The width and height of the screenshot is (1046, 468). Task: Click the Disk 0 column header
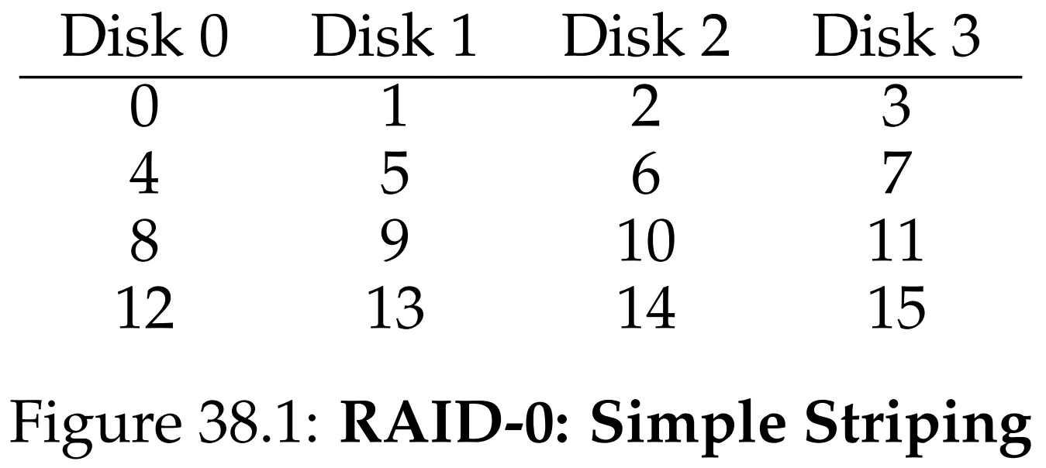145,36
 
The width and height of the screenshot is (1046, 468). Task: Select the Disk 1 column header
395,36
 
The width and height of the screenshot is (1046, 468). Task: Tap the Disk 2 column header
647,36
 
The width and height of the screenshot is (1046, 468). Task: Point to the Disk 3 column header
896,36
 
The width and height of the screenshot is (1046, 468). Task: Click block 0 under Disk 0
144,107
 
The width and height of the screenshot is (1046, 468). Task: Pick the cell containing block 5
395,174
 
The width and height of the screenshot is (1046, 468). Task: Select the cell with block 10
647,241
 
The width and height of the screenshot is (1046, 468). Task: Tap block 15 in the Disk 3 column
897,308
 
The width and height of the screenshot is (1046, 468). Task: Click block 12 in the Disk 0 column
145,308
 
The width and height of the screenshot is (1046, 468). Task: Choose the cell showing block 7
897,174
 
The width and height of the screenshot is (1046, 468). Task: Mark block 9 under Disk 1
395,241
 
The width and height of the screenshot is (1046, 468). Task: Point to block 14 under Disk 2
647,308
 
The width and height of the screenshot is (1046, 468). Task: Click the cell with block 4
144,174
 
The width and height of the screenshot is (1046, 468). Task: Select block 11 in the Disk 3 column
896,241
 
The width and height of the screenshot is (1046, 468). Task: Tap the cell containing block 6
646,174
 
